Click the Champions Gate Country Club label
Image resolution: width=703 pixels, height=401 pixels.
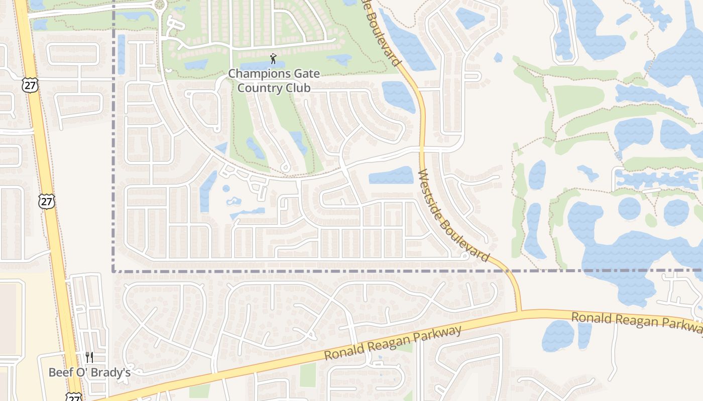click(274, 81)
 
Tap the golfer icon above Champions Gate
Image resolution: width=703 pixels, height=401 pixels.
click(273, 59)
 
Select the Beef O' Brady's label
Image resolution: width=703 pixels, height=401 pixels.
click(89, 372)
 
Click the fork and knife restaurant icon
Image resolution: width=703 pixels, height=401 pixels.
click(89, 357)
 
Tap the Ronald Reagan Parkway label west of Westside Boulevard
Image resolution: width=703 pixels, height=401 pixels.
click(392, 343)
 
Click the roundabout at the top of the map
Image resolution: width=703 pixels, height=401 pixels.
click(160, 5)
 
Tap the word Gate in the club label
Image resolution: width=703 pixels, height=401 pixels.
click(304, 74)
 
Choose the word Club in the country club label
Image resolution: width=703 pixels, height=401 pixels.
click(299, 88)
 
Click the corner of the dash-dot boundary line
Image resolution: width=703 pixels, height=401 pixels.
click(113, 271)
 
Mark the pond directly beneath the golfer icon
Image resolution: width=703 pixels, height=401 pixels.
click(261, 66)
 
